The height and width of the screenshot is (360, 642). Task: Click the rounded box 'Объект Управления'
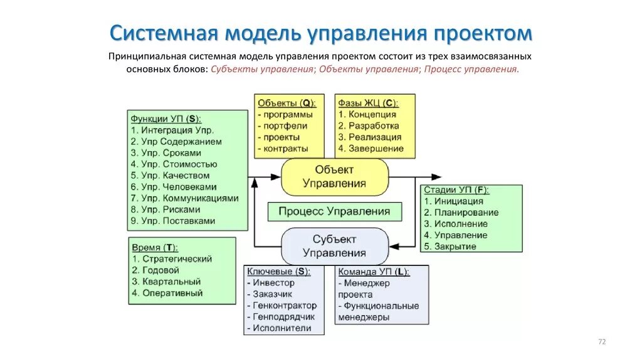pyautogui.click(x=334, y=176)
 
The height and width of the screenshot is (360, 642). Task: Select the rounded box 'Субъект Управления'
pyautogui.click(x=334, y=246)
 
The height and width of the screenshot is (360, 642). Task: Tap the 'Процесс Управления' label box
pyautogui.click(x=334, y=211)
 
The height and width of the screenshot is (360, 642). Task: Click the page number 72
pyautogui.click(x=603, y=341)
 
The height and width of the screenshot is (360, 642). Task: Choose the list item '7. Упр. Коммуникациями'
pyautogui.click(x=185, y=198)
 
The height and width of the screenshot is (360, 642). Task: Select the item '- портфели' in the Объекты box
pyautogui.click(x=283, y=126)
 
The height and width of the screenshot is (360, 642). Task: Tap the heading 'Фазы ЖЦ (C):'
pyautogui.click(x=368, y=103)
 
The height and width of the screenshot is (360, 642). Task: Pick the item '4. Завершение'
pyautogui.click(x=371, y=149)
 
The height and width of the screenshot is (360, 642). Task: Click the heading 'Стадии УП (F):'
pyautogui.click(x=456, y=190)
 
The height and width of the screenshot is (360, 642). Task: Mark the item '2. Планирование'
pyautogui.click(x=461, y=213)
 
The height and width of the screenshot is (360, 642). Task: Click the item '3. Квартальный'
pyautogui.click(x=166, y=282)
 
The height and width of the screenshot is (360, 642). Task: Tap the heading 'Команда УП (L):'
pyautogui.click(x=374, y=272)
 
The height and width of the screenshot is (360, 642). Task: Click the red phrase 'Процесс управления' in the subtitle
pyautogui.click(x=471, y=69)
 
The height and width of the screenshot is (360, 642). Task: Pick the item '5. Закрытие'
pyautogui.click(x=450, y=246)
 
